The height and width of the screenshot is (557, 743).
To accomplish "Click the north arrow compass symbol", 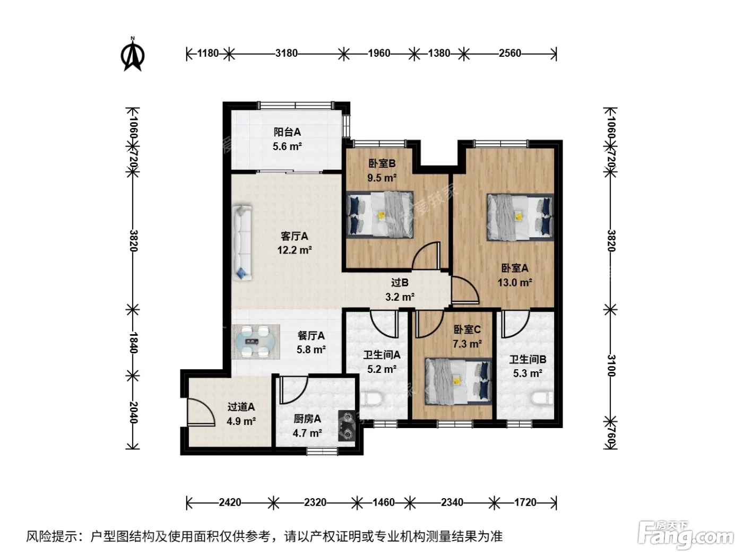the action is click(x=133, y=54).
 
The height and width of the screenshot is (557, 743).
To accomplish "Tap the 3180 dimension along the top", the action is click(x=287, y=54).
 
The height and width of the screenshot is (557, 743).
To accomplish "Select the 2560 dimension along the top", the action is click(x=510, y=54).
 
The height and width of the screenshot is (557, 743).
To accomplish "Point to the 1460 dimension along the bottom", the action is click(x=384, y=502).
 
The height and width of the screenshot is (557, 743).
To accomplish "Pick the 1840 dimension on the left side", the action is click(x=133, y=343).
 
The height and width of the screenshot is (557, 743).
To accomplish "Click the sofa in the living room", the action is click(x=243, y=242).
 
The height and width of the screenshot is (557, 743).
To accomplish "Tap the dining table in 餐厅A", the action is click(x=256, y=342).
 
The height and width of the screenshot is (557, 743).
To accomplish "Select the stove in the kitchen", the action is click(x=347, y=425).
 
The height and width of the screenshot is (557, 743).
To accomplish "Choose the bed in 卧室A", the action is click(x=520, y=217).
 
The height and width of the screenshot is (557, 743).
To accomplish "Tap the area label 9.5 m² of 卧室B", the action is click(x=382, y=178).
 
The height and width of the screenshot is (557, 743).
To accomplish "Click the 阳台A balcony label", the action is click(x=287, y=132).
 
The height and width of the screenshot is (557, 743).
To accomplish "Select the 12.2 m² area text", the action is click(x=295, y=250).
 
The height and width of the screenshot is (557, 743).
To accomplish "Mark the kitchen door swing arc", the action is click(x=294, y=389).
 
